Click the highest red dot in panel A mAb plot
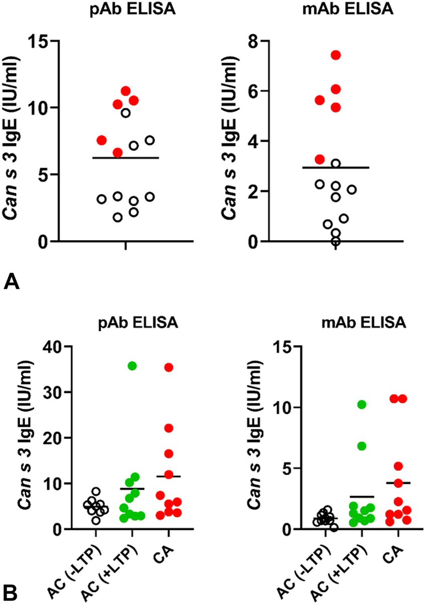click(x=335, y=55)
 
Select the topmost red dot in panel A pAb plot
click(x=125, y=91)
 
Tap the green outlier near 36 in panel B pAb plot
click(x=132, y=365)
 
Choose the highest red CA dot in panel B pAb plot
click(x=168, y=367)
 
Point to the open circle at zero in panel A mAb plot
click(x=335, y=241)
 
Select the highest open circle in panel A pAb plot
click(x=126, y=113)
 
